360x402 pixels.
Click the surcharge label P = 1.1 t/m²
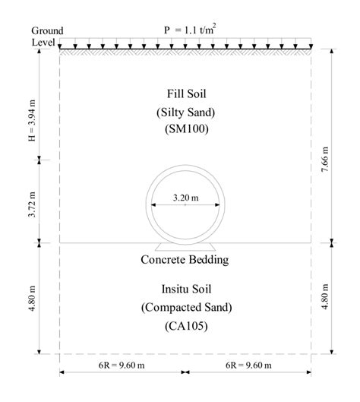(x=190, y=30)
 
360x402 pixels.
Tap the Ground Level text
(x=47, y=36)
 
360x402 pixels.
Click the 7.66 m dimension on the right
(x=324, y=160)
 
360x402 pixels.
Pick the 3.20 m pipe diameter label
(x=186, y=198)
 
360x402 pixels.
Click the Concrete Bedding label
(x=185, y=260)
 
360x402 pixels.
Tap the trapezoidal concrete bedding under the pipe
(x=185, y=247)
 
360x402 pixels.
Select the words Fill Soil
(x=187, y=93)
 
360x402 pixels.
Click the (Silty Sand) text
(x=186, y=112)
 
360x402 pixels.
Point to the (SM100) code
(x=187, y=128)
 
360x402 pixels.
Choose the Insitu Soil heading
(x=186, y=290)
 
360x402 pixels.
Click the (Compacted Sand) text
(x=187, y=308)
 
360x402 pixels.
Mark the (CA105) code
(x=186, y=326)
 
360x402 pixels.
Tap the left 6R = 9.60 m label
(x=122, y=365)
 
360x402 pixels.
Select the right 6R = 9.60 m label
(x=248, y=365)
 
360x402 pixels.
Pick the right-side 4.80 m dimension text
(x=324, y=297)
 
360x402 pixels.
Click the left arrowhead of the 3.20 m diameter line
(x=153, y=205)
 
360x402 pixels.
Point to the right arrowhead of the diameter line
(x=217, y=205)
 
